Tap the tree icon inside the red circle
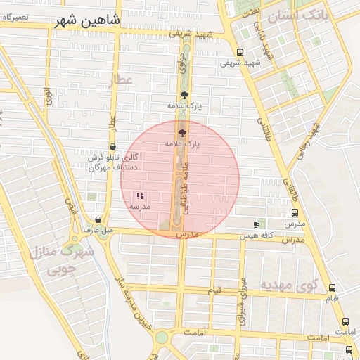[x=182, y=132]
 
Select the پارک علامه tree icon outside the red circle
[x=184, y=96]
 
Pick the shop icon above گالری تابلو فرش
[x=112, y=146]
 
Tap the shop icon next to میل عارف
[x=98, y=219]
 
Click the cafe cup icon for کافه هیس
[x=256, y=224]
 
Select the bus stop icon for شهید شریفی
[x=240, y=52]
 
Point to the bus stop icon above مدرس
[x=295, y=212]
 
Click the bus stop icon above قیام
[x=332, y=288]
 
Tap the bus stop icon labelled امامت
[x=345, y=321]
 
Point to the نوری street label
[x=48, y=96]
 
